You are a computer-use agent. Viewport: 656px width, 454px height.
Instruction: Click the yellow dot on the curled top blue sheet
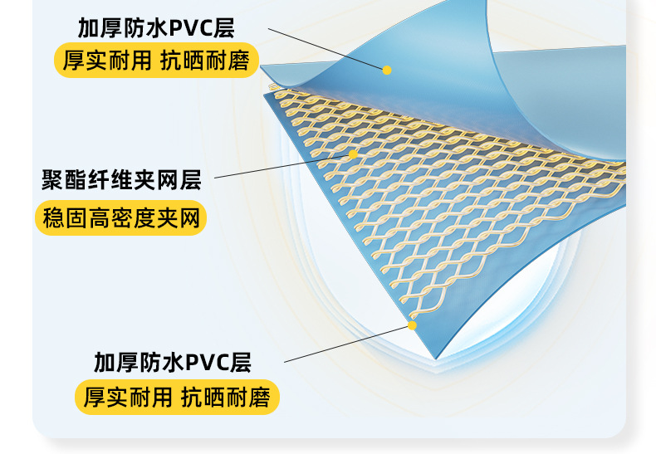coord(387,70)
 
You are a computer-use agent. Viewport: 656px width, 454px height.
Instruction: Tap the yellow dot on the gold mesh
coord(353,154)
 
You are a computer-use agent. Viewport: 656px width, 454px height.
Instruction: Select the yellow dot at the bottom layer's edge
coord(412,325)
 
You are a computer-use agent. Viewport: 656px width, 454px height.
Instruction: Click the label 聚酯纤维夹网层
coord(121,178)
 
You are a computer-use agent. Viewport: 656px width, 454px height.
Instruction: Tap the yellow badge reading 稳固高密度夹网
coord(121,219)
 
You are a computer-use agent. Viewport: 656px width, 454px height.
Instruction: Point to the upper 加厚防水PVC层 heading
coord(156,28)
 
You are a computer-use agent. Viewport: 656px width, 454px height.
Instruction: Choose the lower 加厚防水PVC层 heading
coord(172,363)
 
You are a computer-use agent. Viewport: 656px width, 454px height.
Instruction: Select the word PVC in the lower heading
coord(207,363)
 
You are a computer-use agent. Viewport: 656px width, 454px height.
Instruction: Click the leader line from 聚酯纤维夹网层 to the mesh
coord(282,165)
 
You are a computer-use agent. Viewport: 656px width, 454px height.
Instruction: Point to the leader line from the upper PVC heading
coord(327,48)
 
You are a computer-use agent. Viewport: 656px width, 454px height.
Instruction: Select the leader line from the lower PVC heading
coord(349,343)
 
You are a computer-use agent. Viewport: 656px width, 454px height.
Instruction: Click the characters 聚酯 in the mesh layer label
coord(57,178)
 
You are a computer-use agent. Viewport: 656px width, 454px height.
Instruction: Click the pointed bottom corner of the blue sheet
coord(434,358)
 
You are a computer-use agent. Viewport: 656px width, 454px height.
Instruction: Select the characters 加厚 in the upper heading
coord(95,28)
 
